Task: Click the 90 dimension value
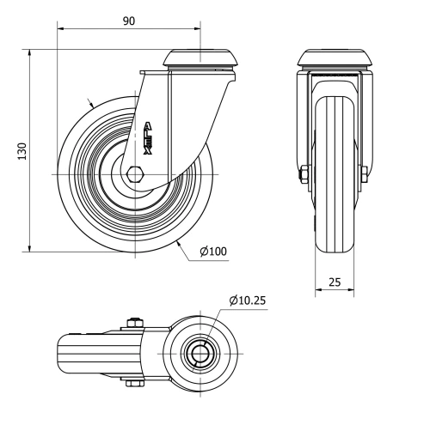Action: [129, 21]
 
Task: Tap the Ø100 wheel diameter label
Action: [212, 251]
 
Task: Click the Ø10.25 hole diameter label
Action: [249, 300]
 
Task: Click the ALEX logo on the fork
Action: [148, 137]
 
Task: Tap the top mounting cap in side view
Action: [201, 58]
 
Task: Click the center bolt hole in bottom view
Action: [200, 352]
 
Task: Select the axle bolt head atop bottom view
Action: [132, 323]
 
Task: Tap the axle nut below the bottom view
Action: [132, 383]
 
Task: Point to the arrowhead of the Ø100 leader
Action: [178, 244]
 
